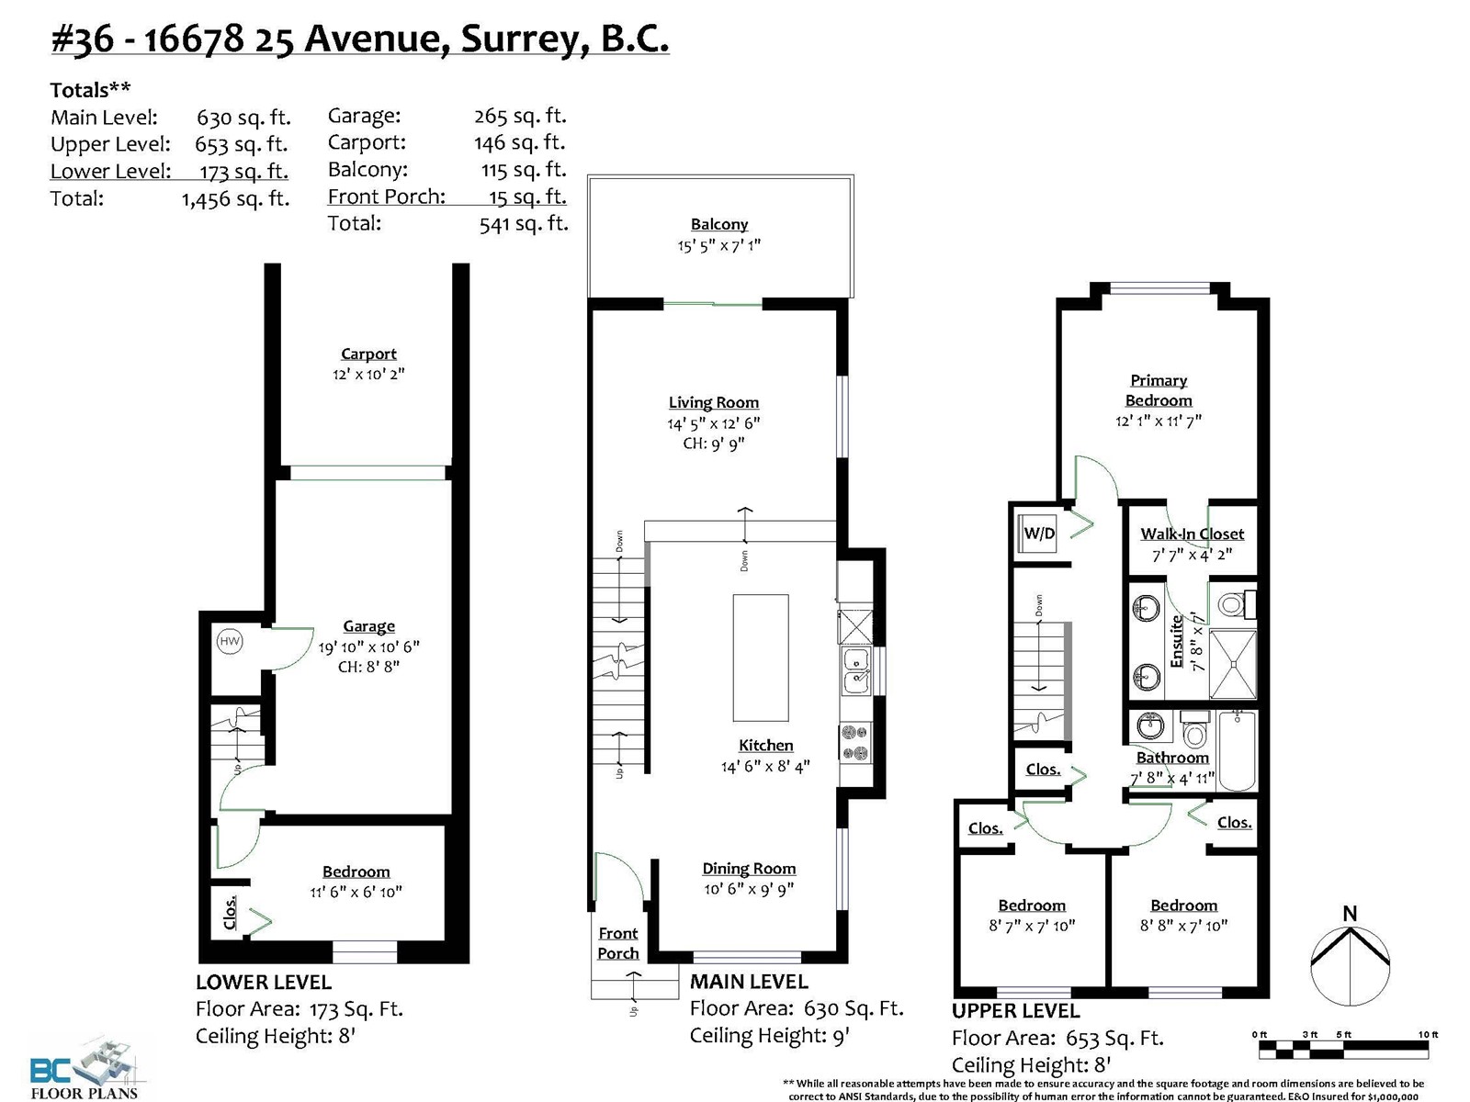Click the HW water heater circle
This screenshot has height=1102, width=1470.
click(x=230, y=642)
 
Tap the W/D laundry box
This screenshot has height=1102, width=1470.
click(x=1039, y=533)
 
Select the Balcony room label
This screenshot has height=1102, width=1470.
click(x=719, y=224)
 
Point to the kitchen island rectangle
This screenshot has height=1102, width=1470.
click(x=760, y=657)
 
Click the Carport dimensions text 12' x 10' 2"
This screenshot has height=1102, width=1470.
click(x=368, y=374)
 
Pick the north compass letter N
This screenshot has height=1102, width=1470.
click(x=1351, y=914)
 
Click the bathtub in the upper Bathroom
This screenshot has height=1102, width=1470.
click(x=1237, y=750)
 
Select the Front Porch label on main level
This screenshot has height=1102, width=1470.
click(x=618, y=943)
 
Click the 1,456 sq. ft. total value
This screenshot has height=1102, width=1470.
click(x=236, y=198)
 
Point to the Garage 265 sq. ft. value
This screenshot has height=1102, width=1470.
click(x=520, y=116)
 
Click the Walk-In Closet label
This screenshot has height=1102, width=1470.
click(x=1192, y=534)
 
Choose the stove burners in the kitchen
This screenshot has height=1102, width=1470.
click(x=855, y=743)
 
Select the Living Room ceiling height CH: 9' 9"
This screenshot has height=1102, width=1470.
click(x=713, y=444)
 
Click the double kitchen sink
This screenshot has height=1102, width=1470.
click(x=855, y=671)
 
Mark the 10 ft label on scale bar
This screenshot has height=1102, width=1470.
click(x=1428, y=1034)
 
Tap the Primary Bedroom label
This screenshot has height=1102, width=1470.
click(x=1159, y=390)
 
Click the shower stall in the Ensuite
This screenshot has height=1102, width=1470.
click(x=1232, y=664)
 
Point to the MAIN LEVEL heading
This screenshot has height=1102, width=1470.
click(x=749, y=982)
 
